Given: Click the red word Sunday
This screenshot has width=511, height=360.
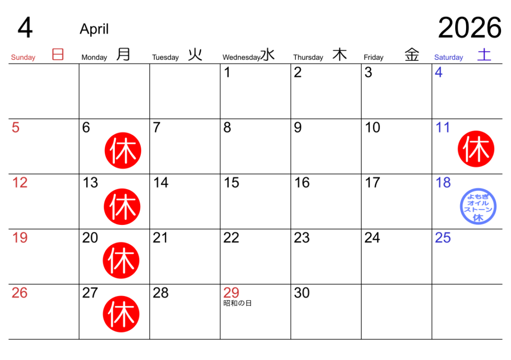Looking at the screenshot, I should click(x=23, y=57).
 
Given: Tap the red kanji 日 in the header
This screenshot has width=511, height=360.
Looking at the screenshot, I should click(x=58, y=54).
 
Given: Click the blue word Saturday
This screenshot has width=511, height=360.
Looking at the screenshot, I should click(x=449, y=57).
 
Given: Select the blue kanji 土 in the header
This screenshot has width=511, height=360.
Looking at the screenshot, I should click(x=484, y=54).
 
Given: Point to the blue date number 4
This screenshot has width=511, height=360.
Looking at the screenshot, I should click(x=438, y=73).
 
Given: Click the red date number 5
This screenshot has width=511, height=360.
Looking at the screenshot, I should click(x=15, y=128).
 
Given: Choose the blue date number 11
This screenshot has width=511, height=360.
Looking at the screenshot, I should click(x=443, y=128).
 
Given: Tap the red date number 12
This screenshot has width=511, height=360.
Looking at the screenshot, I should click(x=20, y=183).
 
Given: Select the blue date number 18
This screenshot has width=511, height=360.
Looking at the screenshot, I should click(x=443, y=183).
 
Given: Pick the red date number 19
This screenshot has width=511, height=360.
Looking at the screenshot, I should click(x=20, y=238).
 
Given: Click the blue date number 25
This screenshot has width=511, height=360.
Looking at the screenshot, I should click(x=443, y=238).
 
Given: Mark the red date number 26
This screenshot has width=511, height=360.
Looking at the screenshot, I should click(x=19, y=293).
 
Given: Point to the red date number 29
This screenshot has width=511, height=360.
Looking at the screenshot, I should click(x=231, y=293).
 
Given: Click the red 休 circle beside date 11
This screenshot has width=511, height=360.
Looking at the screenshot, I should click(x=476, y=149).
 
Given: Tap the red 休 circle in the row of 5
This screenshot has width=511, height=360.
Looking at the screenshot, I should click(x=123, y=151).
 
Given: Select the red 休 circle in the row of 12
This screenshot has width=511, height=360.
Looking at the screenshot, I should click(x=122, y=206).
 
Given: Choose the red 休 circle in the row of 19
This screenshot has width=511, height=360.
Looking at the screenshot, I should click(x=121, y=260).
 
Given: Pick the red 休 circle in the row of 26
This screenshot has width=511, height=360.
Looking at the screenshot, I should click(x=121, y=314).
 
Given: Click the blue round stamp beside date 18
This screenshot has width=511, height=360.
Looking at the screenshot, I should click(x=478, y=206).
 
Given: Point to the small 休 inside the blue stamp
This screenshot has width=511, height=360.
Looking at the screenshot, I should click(x=478, y=218).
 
